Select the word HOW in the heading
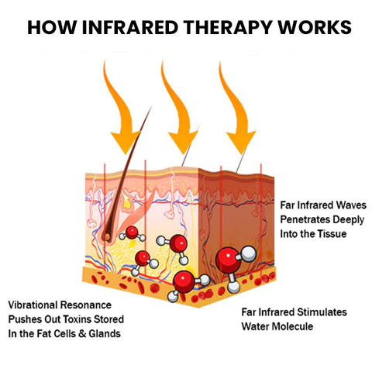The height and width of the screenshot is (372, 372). click(x=52, y=27)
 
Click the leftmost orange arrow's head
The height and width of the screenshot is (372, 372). click(x=126, y=141)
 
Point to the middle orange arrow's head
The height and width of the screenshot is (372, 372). click(x=183, y=141)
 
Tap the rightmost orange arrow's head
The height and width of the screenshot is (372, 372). click(x=241, y=141)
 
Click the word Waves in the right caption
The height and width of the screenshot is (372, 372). click(x=350, y=205)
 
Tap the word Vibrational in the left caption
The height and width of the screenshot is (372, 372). click(x=32, y=305)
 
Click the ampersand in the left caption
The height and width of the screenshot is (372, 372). click(x=82, y=334)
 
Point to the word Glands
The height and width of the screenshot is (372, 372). click(x=105, y=334)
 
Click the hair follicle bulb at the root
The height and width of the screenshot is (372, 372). click(x=107, y=236)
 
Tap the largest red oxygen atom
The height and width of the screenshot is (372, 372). click(x=228, y=260)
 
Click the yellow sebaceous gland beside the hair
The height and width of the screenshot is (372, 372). click(x=126, y=201)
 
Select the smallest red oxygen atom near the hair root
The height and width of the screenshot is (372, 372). click(x=132, y=232)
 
